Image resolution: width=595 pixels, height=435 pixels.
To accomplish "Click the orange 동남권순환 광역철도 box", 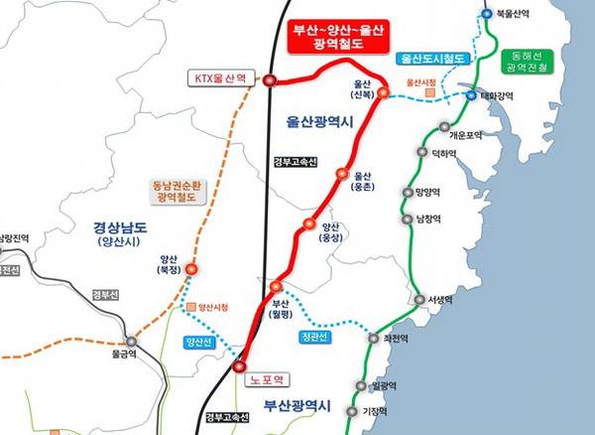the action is pos(176,191).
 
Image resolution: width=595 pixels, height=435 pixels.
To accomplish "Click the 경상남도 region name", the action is pos(106,224).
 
